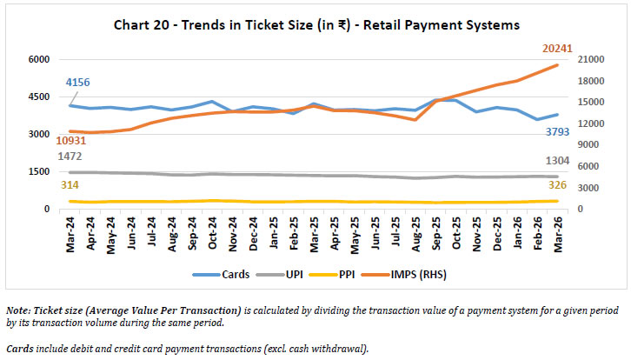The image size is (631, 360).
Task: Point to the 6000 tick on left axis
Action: [x=41, y=59]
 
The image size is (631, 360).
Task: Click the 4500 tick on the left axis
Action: [x=41, y=97]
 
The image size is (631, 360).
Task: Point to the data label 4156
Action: [x=77, y=83]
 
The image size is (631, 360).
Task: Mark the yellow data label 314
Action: [x=69, y=185]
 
